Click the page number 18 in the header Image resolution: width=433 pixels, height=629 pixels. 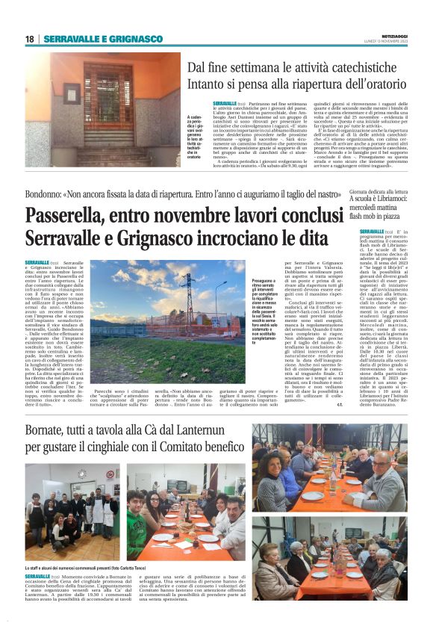tap(29, 39)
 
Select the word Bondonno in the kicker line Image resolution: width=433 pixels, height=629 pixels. tap(48, 193)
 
